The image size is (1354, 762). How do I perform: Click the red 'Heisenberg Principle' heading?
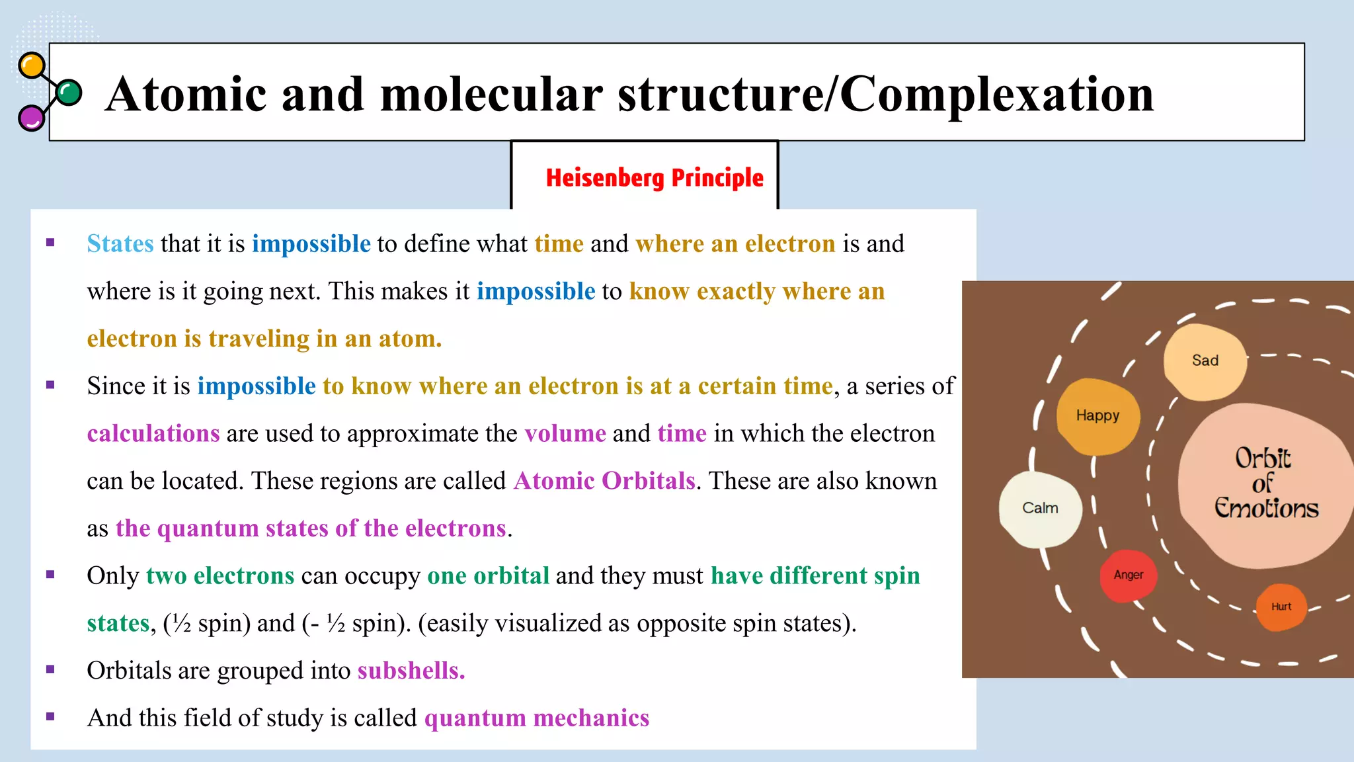654,178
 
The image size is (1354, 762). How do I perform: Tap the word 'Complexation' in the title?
996,95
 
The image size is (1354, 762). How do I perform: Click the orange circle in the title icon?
31,66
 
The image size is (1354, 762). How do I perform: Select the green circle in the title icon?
69,93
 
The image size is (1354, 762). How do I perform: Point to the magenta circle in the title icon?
30,118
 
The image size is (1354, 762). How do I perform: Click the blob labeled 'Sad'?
1205,362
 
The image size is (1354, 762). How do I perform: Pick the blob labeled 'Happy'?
1097,416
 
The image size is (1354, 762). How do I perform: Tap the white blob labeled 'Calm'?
1040,509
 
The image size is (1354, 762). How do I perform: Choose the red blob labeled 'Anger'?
1128,575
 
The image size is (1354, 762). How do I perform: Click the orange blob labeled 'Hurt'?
1281,607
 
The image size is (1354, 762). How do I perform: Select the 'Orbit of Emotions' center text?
1265,484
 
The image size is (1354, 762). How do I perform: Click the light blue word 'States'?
120,244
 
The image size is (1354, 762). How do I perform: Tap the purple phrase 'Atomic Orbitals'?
604,481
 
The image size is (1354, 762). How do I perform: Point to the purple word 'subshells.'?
411,671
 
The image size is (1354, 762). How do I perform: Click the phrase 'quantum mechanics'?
536,718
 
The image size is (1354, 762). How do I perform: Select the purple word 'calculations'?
153,434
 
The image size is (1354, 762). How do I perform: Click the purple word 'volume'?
565,434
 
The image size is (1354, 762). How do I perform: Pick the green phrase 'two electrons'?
220,576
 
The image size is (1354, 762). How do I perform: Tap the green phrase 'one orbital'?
488,576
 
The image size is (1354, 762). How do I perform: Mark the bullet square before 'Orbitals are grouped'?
50,669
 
